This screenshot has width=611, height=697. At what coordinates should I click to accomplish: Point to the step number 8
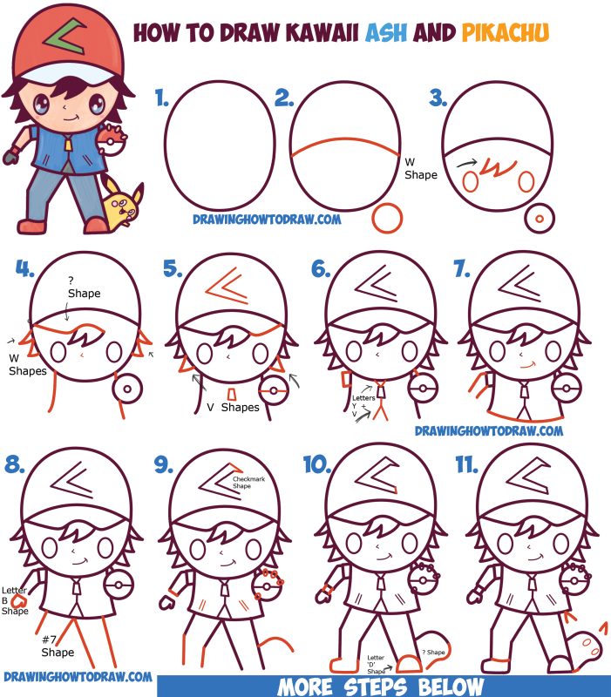pos(15,466)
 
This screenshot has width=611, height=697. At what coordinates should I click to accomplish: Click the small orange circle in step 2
pos(387,217)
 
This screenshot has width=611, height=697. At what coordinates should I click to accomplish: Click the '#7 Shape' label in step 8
pos(58,646)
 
